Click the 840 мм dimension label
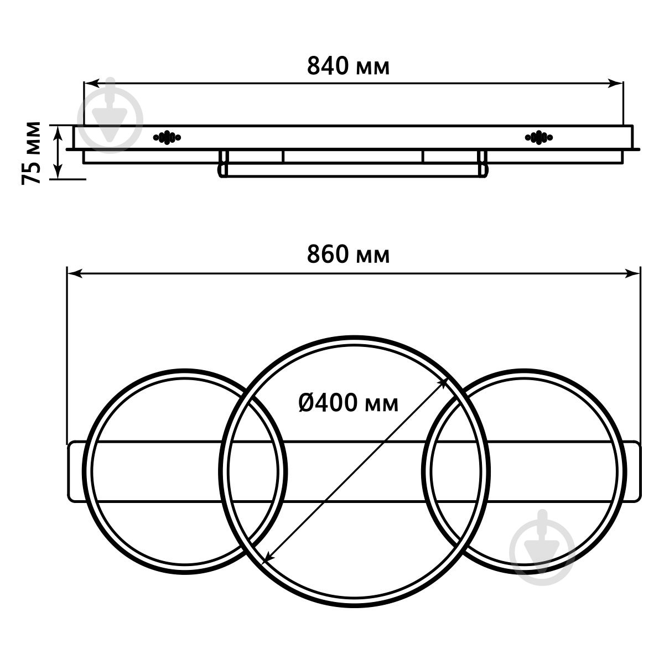point(348,66)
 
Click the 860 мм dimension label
point(348,255)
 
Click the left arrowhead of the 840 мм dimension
point(91,83)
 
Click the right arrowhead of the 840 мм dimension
point(615,83)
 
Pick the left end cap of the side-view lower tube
point(223,164)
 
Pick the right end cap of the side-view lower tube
point(484,164)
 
